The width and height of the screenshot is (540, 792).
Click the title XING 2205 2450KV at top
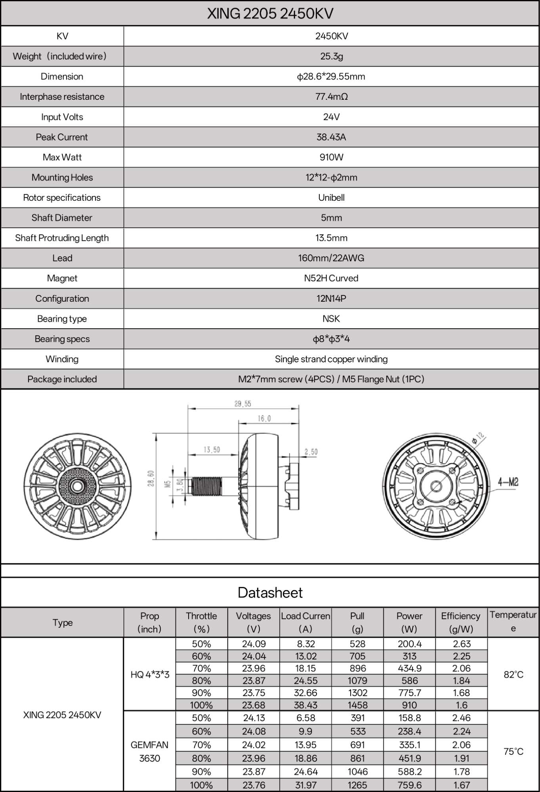pyautogui.click(x=270, y=14)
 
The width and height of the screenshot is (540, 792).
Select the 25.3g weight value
pyautogui.click(x=331, y=56)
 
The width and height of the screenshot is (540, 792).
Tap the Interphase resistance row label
pyautogui.click(x=62, y=97)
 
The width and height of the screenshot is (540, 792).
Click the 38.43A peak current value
pyautogui.click(x=331, y=137)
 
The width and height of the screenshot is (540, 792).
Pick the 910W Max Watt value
pyautogui.click(x=331, y=157)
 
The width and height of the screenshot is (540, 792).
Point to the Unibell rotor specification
pyautogui.click(x=331, y=198)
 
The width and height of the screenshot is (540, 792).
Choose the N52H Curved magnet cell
pyautogui.click(x=331, y=278)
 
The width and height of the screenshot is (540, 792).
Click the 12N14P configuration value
pyautogui.click(x=331, y=299)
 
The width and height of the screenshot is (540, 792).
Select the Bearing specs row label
pyautogui.click(x=62, y=339)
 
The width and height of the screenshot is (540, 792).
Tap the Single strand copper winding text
pyautogui.click(x=331, y=359)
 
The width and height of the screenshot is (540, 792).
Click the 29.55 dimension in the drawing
pyautogui.click(x=243, y=404)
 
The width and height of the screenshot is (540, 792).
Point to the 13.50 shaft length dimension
pyautogui.click(x=212, y=450)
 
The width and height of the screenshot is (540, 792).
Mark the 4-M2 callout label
pyautogui.click(x=508, y=482)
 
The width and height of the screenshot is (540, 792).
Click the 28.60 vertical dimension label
pyautogui.click(x=151, y=479)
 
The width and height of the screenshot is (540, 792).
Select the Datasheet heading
pyautogui.click(x=270, y=593)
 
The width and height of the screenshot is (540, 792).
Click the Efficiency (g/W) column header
pyautogui.click(x=461, y=622)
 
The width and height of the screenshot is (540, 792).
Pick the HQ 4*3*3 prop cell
pyautogui.click(x=150, y=674)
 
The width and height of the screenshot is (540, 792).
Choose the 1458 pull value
pyautogui.click(x=357, y=705)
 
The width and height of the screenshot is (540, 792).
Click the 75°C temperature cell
pyautogui.click(x=513, y=751)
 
